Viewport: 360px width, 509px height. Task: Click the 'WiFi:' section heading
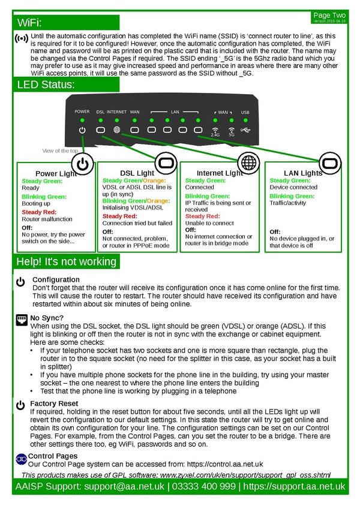[x=30, y=23]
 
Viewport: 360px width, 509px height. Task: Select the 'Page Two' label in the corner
[x=329, y=14]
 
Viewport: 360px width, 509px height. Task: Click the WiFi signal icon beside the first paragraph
[x=21, y=38]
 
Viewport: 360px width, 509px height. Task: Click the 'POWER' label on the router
[x=82, y=112]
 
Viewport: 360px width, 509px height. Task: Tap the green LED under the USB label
[x=245, y=120]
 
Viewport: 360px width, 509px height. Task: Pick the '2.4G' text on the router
[x=215, y=135]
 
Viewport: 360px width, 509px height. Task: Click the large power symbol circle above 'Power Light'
[x=83, y=164]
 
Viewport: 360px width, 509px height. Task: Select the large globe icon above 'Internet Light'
[x=247, y=162]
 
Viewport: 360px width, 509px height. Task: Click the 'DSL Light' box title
[x=137, y=173]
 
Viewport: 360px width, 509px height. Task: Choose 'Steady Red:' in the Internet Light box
[x=202, y=216]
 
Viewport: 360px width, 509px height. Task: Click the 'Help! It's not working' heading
[x=66, y=262]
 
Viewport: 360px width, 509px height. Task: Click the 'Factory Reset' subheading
[x=54, y=403]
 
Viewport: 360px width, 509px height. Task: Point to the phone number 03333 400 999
[x=203, y=486]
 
